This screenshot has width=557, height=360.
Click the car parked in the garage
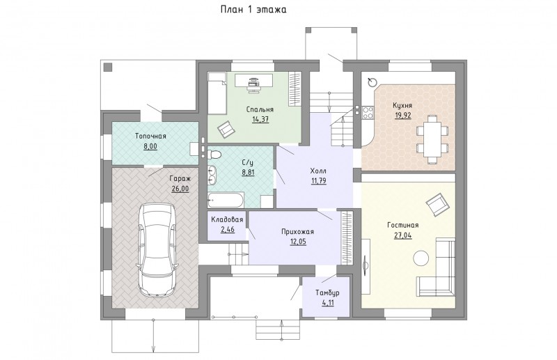(x=156, y=250)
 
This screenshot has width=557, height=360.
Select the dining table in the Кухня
(x=432, y=139)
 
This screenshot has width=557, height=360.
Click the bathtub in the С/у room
(x=226, y=200)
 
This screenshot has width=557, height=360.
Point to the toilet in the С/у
(x=214, y=154)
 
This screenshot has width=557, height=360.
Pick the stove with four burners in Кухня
(x=368, y=112)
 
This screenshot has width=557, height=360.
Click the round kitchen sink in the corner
(x=372, y=82)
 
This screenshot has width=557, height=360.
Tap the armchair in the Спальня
(x=226, y=129)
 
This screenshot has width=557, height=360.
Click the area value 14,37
(x=260, y=119)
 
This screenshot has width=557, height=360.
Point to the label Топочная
(x=150, y=136)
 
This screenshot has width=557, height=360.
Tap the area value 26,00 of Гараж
(x=180, y=189)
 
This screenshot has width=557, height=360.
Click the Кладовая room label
(x=228, y=219)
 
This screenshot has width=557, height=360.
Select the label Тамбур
(x=327, y=293)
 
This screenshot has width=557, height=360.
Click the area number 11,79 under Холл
(x=319, y=181)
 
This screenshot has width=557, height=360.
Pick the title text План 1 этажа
(x=253, y=10)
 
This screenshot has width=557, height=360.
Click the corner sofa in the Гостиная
(x=437, y=267)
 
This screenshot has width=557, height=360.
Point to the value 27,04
(x=403, y=235)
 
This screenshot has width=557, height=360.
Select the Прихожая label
(x=297, y=232)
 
